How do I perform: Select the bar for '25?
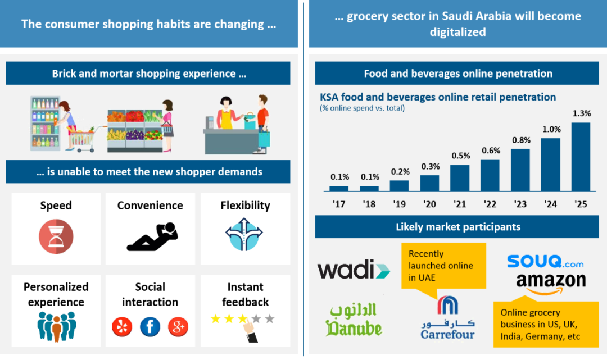point(581,157)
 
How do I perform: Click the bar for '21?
point(460,177)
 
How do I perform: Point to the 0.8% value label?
point(520,140)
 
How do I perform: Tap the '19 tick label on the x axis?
point(400,204)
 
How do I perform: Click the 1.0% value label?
point(551,129)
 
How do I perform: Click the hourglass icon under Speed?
point(56,235)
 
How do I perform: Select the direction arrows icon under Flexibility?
point(244,235)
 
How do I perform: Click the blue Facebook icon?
point(150,326)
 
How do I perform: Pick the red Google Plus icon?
point(178,326)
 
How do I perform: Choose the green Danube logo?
point(354,320)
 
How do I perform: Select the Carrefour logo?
point(447,320)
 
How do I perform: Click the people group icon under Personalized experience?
point(56,326)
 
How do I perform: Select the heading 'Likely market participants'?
point(458,227)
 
